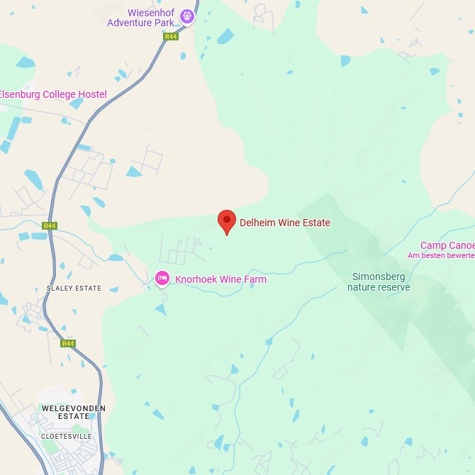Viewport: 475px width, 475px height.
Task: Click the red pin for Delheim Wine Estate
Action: (x=226, y=220)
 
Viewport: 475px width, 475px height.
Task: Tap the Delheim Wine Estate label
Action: (x=284, y=223)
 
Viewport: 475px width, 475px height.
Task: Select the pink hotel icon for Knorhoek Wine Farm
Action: (x=162, y=279)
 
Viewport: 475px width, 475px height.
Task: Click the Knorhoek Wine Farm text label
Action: (x=220, y=279)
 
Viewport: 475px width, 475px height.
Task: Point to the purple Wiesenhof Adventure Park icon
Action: (x=186, y=16)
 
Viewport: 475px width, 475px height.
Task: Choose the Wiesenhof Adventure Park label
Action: (x=140, y=18)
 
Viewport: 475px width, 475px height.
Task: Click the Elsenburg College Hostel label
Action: (x=52, y=95)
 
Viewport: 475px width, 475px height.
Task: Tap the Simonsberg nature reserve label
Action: (x=379, y=281)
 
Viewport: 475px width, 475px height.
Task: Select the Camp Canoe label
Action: (x=447, y=246)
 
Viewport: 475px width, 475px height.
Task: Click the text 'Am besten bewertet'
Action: (x=441, y=255)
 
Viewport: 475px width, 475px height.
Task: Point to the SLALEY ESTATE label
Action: (x=74, y=289)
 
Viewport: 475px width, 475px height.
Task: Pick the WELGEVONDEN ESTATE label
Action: (x=74, y=413)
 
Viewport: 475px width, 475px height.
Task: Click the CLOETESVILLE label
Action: (x=66, y=436)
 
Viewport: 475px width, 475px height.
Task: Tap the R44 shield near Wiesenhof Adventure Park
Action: (x=171, y=36)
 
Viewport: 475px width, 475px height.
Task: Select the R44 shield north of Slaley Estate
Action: (x=49, y=226)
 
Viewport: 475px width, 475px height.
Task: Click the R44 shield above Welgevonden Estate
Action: (x=68, y=344)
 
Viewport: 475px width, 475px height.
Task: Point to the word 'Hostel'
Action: (x=91, y=95)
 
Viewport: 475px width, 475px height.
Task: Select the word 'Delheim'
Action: (x=257, y=223)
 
